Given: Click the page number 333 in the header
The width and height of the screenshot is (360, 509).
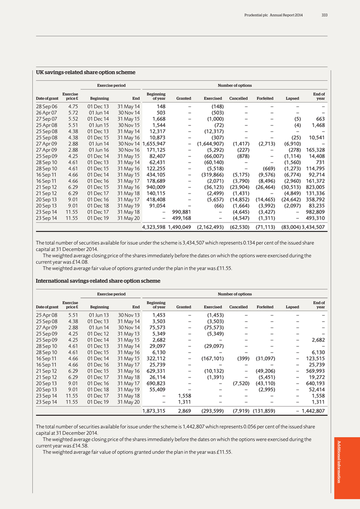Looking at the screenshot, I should [324, 15].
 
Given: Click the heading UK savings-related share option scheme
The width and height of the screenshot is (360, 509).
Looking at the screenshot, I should [85, 72].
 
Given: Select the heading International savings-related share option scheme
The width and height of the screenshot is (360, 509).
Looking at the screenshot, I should [98, 281].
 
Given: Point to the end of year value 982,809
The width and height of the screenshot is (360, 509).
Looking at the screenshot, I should [314, 211].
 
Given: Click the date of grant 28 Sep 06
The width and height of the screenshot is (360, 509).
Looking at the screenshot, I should [47, 106].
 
